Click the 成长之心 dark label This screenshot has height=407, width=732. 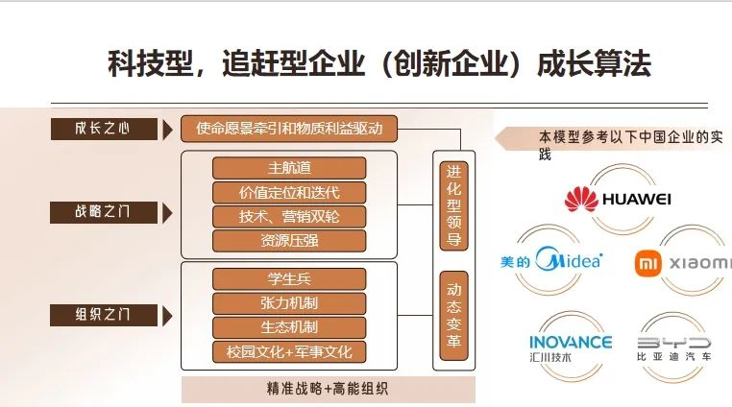pos(103,129)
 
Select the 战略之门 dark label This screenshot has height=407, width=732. pos(103,211)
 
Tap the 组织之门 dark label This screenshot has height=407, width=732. pos(103,314)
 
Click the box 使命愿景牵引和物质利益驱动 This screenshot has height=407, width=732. pos(289,129)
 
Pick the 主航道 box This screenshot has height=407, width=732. pos(289,168)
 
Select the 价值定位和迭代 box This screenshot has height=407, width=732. pos(289,192)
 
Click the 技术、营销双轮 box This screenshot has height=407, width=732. pos(289,216)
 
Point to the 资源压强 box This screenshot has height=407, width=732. pos(289,240)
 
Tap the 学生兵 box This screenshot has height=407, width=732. pos(289,279)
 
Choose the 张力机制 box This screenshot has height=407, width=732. pos(289,303)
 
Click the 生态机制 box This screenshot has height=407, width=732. pos(289,327)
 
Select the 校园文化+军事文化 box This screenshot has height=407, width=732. pos(289,351)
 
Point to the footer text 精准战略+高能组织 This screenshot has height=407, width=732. pos(328,389)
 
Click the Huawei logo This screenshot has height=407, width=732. pos(618,199)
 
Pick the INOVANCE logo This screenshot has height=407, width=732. pos(570,347)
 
